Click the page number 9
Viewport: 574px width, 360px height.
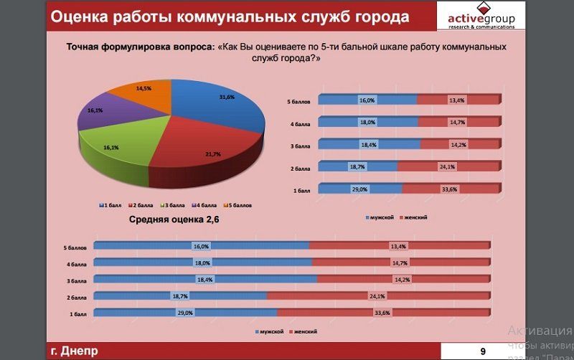483,351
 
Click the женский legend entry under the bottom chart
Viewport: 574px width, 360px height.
303,332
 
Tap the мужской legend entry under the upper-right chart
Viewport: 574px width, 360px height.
382,217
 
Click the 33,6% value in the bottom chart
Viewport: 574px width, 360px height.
382,313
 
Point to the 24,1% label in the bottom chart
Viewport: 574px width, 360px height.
377,296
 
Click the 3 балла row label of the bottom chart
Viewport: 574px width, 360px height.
77,280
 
